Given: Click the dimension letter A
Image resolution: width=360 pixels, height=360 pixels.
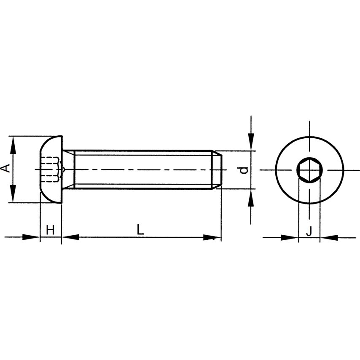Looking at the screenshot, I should (x=6, y=169).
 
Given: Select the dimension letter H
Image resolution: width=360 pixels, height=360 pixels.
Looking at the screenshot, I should (x=50, y=230).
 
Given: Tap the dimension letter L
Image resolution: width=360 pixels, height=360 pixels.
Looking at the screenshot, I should (x=140, y=229).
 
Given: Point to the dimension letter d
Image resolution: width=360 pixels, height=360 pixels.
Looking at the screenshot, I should (x=243, y=170).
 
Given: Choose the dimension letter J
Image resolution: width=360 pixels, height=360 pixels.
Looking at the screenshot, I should (x=309, y=231).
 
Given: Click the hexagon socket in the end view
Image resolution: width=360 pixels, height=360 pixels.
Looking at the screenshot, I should (x=309, y=170).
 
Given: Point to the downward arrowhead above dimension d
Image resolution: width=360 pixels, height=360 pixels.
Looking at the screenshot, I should (x=251, y=140).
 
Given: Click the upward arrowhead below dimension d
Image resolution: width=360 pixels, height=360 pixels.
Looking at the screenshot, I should (x=251, y=199).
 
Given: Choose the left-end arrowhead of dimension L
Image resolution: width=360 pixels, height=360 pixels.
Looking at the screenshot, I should (x=71, y=237).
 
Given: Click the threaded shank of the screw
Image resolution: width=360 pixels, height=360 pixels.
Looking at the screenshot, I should (x=141, y=169).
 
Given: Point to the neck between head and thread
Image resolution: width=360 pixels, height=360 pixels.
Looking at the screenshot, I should (x=68, y=169).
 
